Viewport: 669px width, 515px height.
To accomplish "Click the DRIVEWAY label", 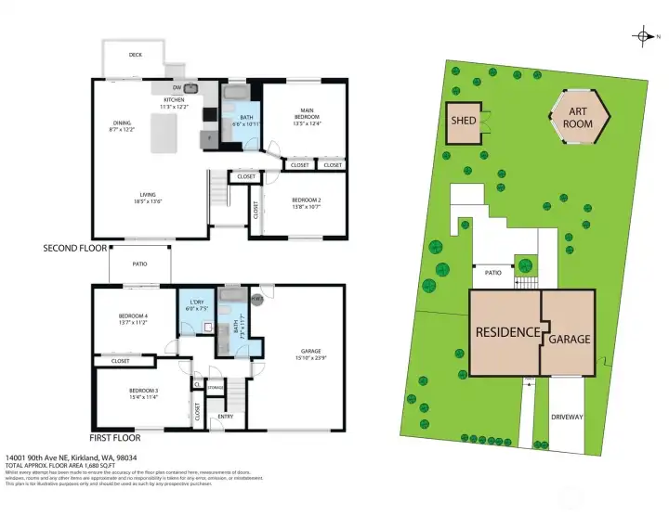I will [x=567, y=418].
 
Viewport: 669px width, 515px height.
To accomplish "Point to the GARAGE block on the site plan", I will [x=568, y=339].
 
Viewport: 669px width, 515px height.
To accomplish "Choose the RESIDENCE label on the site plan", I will [x=507, y=332].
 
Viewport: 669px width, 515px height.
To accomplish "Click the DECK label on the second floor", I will [x=136, y=56].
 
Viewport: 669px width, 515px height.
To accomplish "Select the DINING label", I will [x=123, y=122].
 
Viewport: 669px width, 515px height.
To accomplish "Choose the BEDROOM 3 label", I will [x=143, y=391].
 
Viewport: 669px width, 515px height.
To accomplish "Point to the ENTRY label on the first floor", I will [x=226, y=417].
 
